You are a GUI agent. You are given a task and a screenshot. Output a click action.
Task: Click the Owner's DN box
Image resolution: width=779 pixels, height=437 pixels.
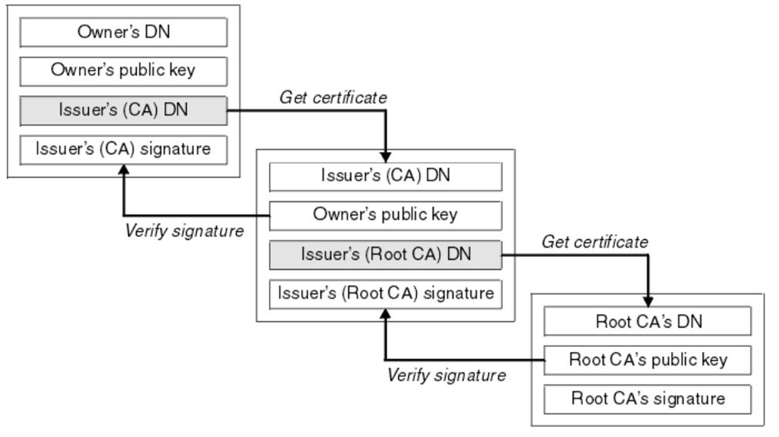[123, 32]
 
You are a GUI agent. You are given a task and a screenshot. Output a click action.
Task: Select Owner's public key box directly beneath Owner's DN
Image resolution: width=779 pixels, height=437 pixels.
[123, 71]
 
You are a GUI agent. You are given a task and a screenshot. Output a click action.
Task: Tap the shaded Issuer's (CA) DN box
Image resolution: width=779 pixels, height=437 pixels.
[123, 110]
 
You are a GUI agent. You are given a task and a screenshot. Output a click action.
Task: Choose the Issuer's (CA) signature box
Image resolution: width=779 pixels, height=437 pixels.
[123, 150]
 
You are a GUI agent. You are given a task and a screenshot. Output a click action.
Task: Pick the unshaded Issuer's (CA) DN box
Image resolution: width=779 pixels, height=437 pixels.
[385, 177]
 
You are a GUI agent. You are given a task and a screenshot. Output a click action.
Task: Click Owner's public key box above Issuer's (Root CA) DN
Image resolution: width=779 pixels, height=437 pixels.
[385, 215]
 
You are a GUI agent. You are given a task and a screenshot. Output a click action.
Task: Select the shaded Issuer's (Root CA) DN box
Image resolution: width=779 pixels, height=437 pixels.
[385, 255]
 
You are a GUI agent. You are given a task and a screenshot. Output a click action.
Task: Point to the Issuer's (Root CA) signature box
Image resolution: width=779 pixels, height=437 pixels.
[385, 294]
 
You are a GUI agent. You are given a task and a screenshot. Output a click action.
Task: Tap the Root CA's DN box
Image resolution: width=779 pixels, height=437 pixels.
[647, 321]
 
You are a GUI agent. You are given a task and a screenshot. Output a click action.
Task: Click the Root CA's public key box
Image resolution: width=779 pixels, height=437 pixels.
[647, 360]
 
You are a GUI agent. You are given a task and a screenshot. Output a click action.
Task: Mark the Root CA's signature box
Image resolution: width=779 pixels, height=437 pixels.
[647, 399]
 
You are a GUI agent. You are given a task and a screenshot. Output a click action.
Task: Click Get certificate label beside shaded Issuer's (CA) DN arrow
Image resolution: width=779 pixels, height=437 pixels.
[333, 98]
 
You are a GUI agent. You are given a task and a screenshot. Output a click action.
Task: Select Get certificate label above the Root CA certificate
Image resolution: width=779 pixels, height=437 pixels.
[595, 242]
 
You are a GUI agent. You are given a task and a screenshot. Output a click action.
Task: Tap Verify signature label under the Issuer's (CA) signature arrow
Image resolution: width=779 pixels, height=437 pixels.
[184, 231]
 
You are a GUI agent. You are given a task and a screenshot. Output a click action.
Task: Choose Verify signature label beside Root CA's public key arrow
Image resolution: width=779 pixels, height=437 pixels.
[446, 375]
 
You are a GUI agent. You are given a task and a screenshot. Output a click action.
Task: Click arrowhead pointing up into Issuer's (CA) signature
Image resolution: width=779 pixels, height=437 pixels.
[124, 170]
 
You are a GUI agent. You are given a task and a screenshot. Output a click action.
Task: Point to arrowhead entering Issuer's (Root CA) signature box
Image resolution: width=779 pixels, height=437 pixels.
[385, 314]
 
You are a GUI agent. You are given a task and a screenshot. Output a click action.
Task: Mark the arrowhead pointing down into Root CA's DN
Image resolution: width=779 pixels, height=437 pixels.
[648, 302]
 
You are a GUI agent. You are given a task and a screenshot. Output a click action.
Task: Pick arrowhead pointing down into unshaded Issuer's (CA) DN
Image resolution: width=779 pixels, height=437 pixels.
[385, 157]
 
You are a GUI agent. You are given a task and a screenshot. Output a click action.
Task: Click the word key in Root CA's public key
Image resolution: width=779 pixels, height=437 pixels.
[715, 360]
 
